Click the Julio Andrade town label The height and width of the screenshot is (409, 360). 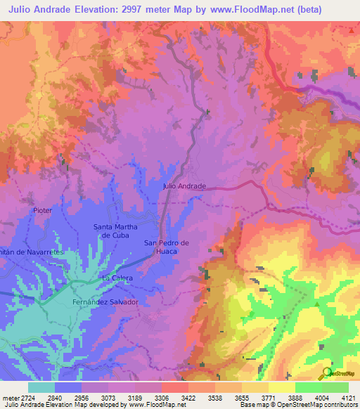(x=184, y=186)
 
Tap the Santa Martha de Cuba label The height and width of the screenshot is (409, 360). (x=115, y=231)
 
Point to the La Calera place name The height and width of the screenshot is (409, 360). (x=117, y=278)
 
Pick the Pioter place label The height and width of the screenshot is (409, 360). (x=43, y=210)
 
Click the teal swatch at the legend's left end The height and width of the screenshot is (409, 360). (x=41, y=387)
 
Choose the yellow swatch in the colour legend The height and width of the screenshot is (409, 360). (x=281, y=387)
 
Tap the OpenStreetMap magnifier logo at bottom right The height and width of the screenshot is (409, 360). (x=326, y=374)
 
